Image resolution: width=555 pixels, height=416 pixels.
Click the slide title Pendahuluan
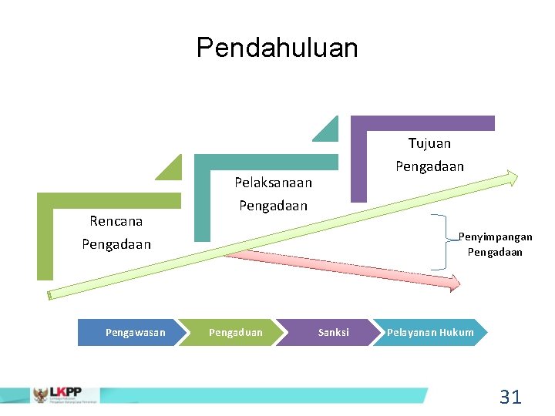[277, 48]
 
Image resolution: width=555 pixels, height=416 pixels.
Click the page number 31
[510, 397]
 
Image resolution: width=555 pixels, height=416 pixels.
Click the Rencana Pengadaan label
[116, 233]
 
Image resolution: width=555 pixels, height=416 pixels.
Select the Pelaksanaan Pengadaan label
[273, 194]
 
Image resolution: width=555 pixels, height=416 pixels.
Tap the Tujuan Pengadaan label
[429, 154]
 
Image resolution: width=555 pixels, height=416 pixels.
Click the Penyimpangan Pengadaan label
[494, 244]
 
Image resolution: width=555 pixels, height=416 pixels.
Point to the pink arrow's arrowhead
[452, 282]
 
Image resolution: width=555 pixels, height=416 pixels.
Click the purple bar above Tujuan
[422, 122]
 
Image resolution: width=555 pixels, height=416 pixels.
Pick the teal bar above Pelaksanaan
[266, 161]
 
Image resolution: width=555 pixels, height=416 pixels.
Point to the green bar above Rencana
[109, 200]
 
